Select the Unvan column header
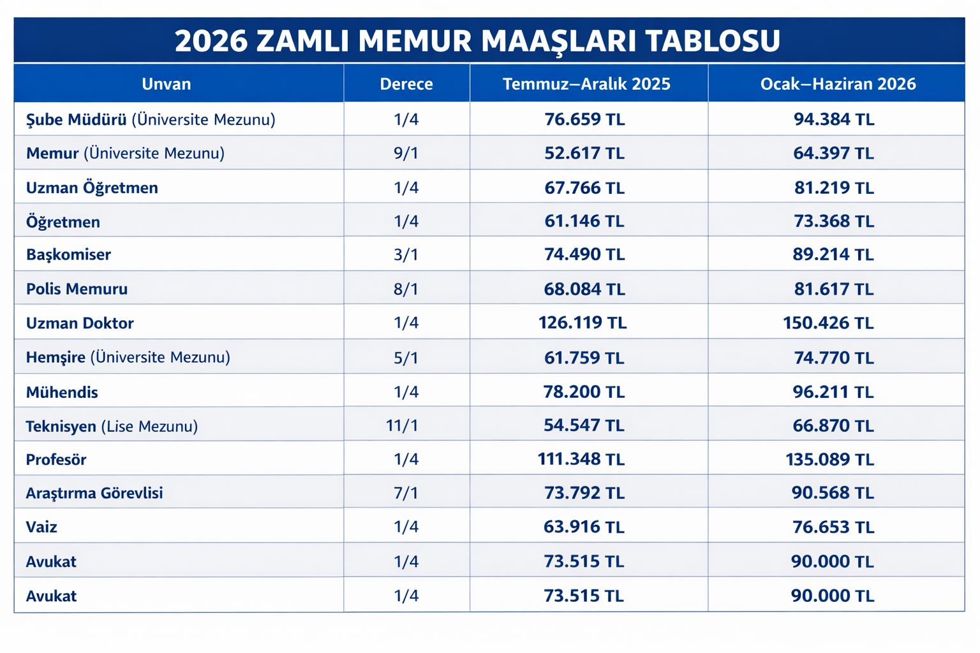click(166, 84)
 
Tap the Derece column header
click(406, 84)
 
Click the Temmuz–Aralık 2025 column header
click(586, 84)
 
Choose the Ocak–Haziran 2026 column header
click(838, 84)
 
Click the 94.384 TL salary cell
click(834, 120)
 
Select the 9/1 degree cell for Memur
click(406, 154)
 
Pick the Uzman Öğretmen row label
click(92, 188)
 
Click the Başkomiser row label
click(68, 255)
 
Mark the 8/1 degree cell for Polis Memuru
click(406, 290)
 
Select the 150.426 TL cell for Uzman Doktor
click(828, 323)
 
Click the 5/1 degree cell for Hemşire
click(406, 358)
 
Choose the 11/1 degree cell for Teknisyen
click(403, 425)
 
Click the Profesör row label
click(56, 460)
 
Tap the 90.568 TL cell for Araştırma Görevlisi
click(833, 493)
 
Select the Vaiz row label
click(41, 527)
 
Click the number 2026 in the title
click(211, 41)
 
